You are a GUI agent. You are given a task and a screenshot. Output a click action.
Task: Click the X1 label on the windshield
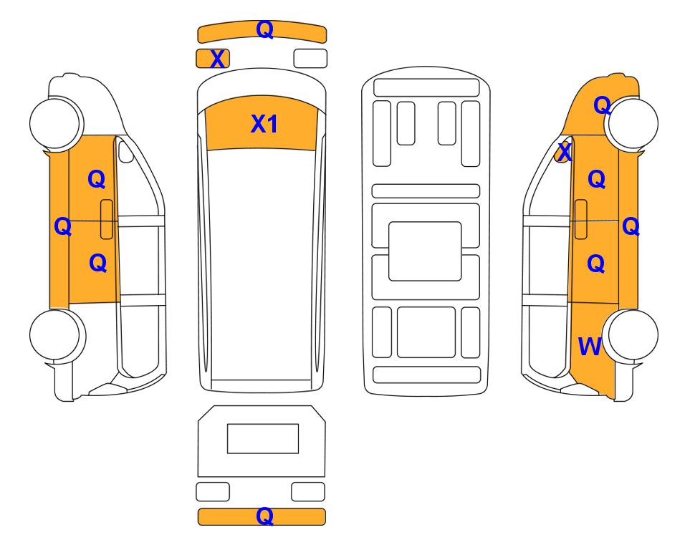click(264, 124)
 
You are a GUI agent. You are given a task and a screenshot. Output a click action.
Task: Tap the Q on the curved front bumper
click(265, 29)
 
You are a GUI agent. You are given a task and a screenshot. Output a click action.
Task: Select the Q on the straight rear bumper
click(265, 516)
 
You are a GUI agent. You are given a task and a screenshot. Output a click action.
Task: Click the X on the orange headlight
click(217, 59)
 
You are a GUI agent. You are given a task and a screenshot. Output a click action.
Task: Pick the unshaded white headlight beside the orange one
click(310, 59)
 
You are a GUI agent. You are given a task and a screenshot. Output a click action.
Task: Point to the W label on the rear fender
click(590, 347)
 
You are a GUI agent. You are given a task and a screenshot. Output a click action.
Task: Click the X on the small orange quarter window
click(565, 153)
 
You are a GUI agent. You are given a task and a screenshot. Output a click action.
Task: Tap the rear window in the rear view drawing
click(263, 438)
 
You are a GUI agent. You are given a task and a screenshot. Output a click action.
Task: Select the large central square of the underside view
click(425, 251)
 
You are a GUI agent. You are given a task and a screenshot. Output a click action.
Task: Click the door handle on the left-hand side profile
click(107, 219)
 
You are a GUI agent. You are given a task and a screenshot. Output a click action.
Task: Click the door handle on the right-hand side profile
click(581, 219)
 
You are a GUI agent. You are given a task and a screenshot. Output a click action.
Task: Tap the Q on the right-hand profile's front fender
click(602, 105)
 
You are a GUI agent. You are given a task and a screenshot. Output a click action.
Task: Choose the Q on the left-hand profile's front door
click(97, 179)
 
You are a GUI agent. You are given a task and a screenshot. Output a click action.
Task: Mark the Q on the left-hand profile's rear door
click(97, 263)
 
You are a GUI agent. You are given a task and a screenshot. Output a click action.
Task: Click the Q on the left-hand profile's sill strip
click(63, 226)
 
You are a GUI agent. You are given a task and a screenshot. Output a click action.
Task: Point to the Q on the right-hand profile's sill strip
click(631, 226)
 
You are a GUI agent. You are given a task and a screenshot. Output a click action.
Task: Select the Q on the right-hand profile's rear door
click(596, 264)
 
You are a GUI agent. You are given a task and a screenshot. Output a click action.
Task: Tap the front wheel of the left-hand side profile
click(56, 122)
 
